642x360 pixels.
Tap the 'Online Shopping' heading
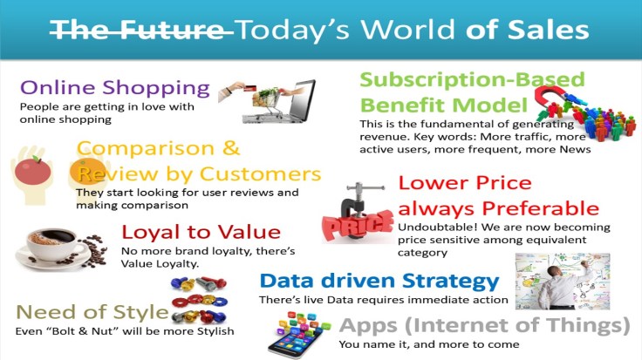tap(114, 88)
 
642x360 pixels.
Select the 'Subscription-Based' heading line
tap(472, 80)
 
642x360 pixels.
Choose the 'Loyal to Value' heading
tap(201, 232)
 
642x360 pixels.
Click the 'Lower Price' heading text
tap(464, 183)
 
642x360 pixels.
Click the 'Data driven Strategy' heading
tap(379, 281)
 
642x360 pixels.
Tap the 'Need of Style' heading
tap(92, 312)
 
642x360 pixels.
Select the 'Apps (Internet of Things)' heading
tap(483, 325)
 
